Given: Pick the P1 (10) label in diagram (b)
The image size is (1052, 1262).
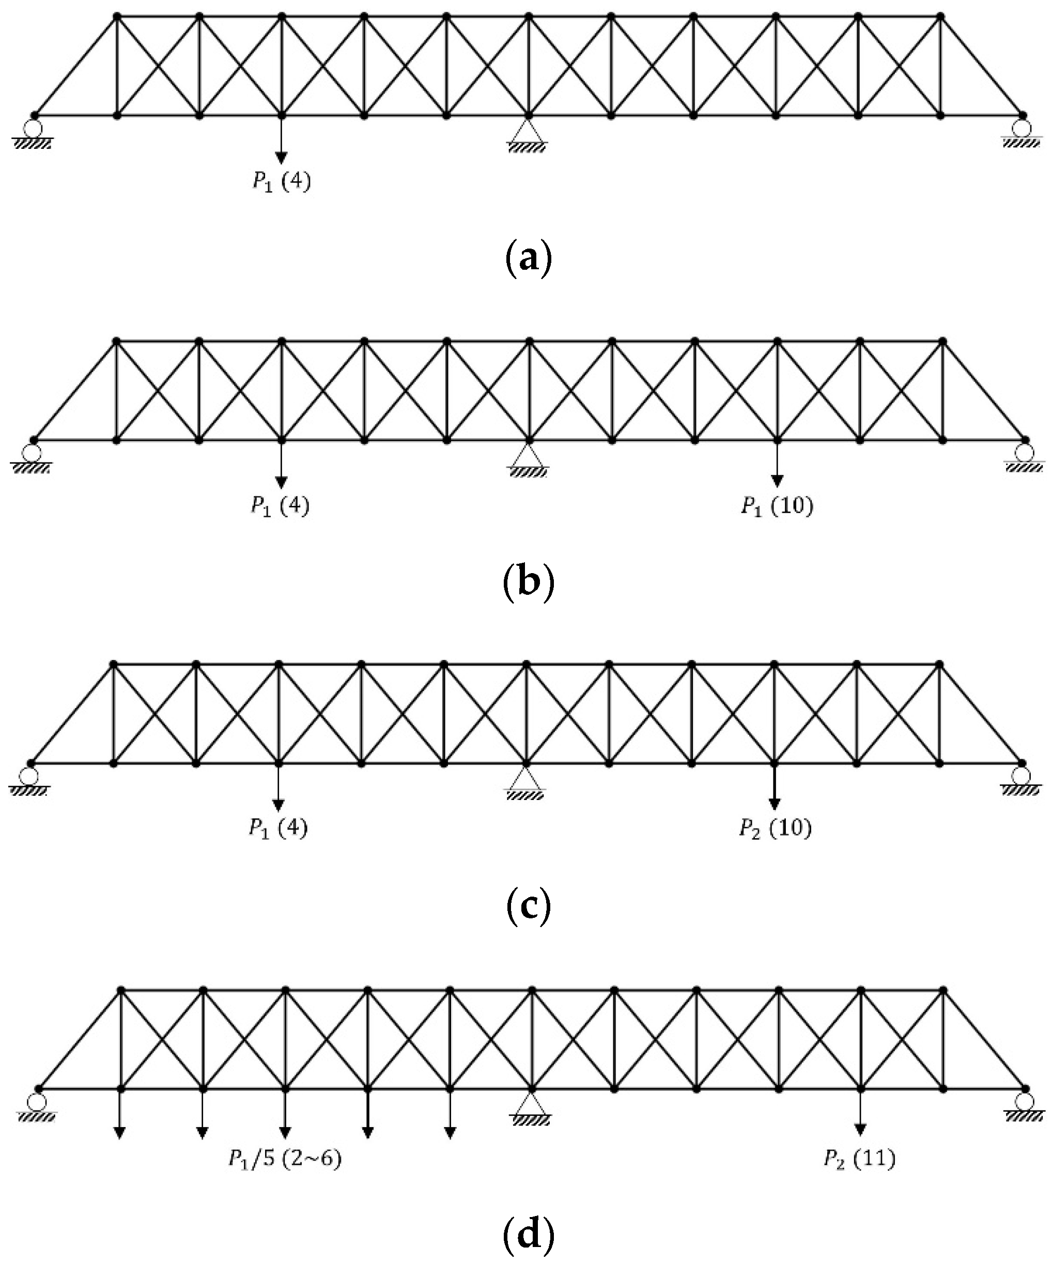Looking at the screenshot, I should (776, 506).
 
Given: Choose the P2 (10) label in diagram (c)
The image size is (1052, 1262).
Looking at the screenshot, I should (775, 829).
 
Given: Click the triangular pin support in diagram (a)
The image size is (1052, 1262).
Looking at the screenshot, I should (527, 133).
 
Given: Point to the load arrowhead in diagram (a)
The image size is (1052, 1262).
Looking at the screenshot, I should (281, 158).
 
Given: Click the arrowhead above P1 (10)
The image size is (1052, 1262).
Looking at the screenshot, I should (777, 481).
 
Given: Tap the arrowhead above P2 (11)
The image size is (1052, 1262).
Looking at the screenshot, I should (860, 1130).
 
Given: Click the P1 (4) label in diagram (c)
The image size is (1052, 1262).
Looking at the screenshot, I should (278, 829).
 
